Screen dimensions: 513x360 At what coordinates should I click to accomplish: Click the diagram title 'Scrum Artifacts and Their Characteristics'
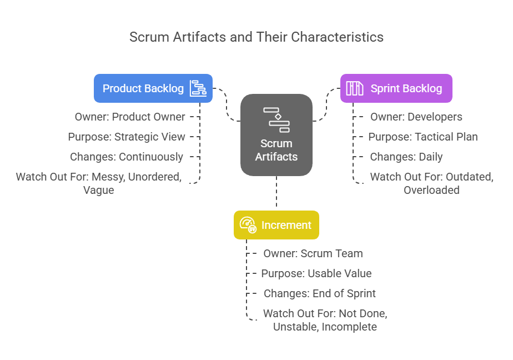256,37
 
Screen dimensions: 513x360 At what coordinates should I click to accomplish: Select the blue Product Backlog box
153,88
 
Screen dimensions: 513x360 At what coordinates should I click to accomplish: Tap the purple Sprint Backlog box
396,88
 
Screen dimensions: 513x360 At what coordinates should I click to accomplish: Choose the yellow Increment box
276,225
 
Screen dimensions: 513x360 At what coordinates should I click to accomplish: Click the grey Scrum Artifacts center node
276,135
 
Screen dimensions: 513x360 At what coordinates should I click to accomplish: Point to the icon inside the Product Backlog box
198,88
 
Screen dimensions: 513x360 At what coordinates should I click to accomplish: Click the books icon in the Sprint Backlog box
355,88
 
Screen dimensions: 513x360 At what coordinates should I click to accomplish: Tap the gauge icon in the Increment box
248,225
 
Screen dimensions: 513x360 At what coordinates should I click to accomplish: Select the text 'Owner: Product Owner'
130,117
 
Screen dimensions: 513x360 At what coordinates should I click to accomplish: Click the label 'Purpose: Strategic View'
127,137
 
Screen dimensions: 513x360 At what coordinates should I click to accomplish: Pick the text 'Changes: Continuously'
127,157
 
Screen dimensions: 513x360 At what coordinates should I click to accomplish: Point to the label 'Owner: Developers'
416,117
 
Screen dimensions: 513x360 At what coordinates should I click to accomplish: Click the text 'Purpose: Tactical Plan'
423,137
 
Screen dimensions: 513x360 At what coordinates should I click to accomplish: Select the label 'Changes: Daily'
406,157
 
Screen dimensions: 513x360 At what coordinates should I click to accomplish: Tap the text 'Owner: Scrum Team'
313,254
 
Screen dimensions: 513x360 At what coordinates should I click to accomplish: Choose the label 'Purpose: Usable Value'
316,273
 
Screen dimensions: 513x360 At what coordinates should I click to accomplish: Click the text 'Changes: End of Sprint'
320,293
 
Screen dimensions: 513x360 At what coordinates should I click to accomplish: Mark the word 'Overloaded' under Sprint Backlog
431,190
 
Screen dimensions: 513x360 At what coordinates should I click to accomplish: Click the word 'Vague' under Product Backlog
98,191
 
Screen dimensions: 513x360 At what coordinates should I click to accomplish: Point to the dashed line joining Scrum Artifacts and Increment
276,192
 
